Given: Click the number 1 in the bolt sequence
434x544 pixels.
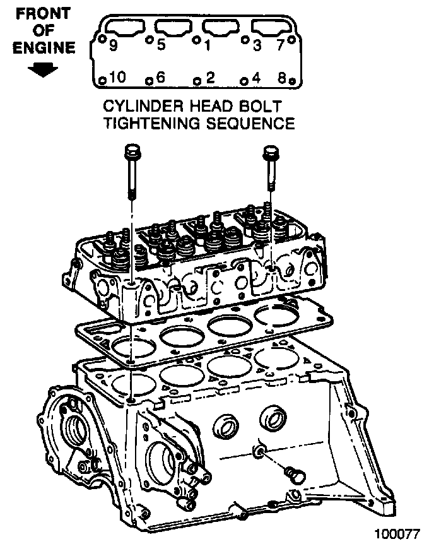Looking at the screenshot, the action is [x=207, y=45].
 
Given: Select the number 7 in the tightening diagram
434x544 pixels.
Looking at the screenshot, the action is [x=281, y=45].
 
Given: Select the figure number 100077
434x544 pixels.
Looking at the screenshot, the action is [x=399, y=532].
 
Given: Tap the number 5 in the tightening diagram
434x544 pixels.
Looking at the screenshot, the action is [x=161, y=45].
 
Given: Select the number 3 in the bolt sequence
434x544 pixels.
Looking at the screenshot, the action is [x=257, y=45].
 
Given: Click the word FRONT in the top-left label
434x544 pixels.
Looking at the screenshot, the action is [x=43, y=14].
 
